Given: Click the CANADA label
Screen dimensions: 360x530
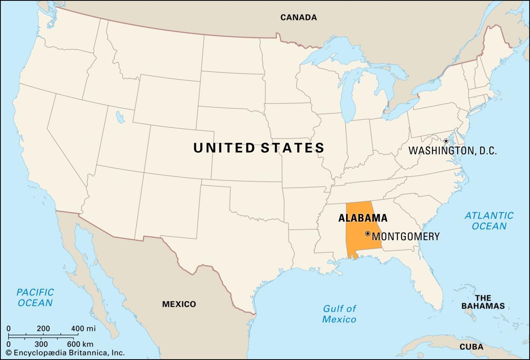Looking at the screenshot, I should (299, 17).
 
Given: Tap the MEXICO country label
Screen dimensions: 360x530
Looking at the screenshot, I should (179, 304).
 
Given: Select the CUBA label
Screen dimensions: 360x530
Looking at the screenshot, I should (471, 347).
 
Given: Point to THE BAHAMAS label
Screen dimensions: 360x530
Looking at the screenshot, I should (483, 302).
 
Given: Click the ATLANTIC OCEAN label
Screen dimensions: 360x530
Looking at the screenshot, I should (489, 221).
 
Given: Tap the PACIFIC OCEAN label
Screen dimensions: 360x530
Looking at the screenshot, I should (35, 298).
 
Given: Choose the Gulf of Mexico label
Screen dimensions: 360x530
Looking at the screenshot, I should (339, 314).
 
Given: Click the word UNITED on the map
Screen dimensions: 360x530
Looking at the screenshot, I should (224, 148).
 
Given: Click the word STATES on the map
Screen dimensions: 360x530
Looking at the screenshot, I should (292, 148).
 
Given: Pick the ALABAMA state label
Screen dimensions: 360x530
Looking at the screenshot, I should (363, 218).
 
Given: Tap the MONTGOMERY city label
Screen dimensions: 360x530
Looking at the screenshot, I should (406, 237).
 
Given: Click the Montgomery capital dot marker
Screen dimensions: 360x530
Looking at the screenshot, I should (367, 234).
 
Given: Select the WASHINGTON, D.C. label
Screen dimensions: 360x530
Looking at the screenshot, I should (453, 151).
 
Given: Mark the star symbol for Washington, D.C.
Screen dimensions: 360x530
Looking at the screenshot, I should (446, 141).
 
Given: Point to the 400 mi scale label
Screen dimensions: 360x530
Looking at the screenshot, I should (83, 329).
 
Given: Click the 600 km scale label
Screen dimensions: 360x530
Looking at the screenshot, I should (80, 344).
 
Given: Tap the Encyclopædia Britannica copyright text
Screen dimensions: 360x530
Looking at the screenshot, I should (65, 353).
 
